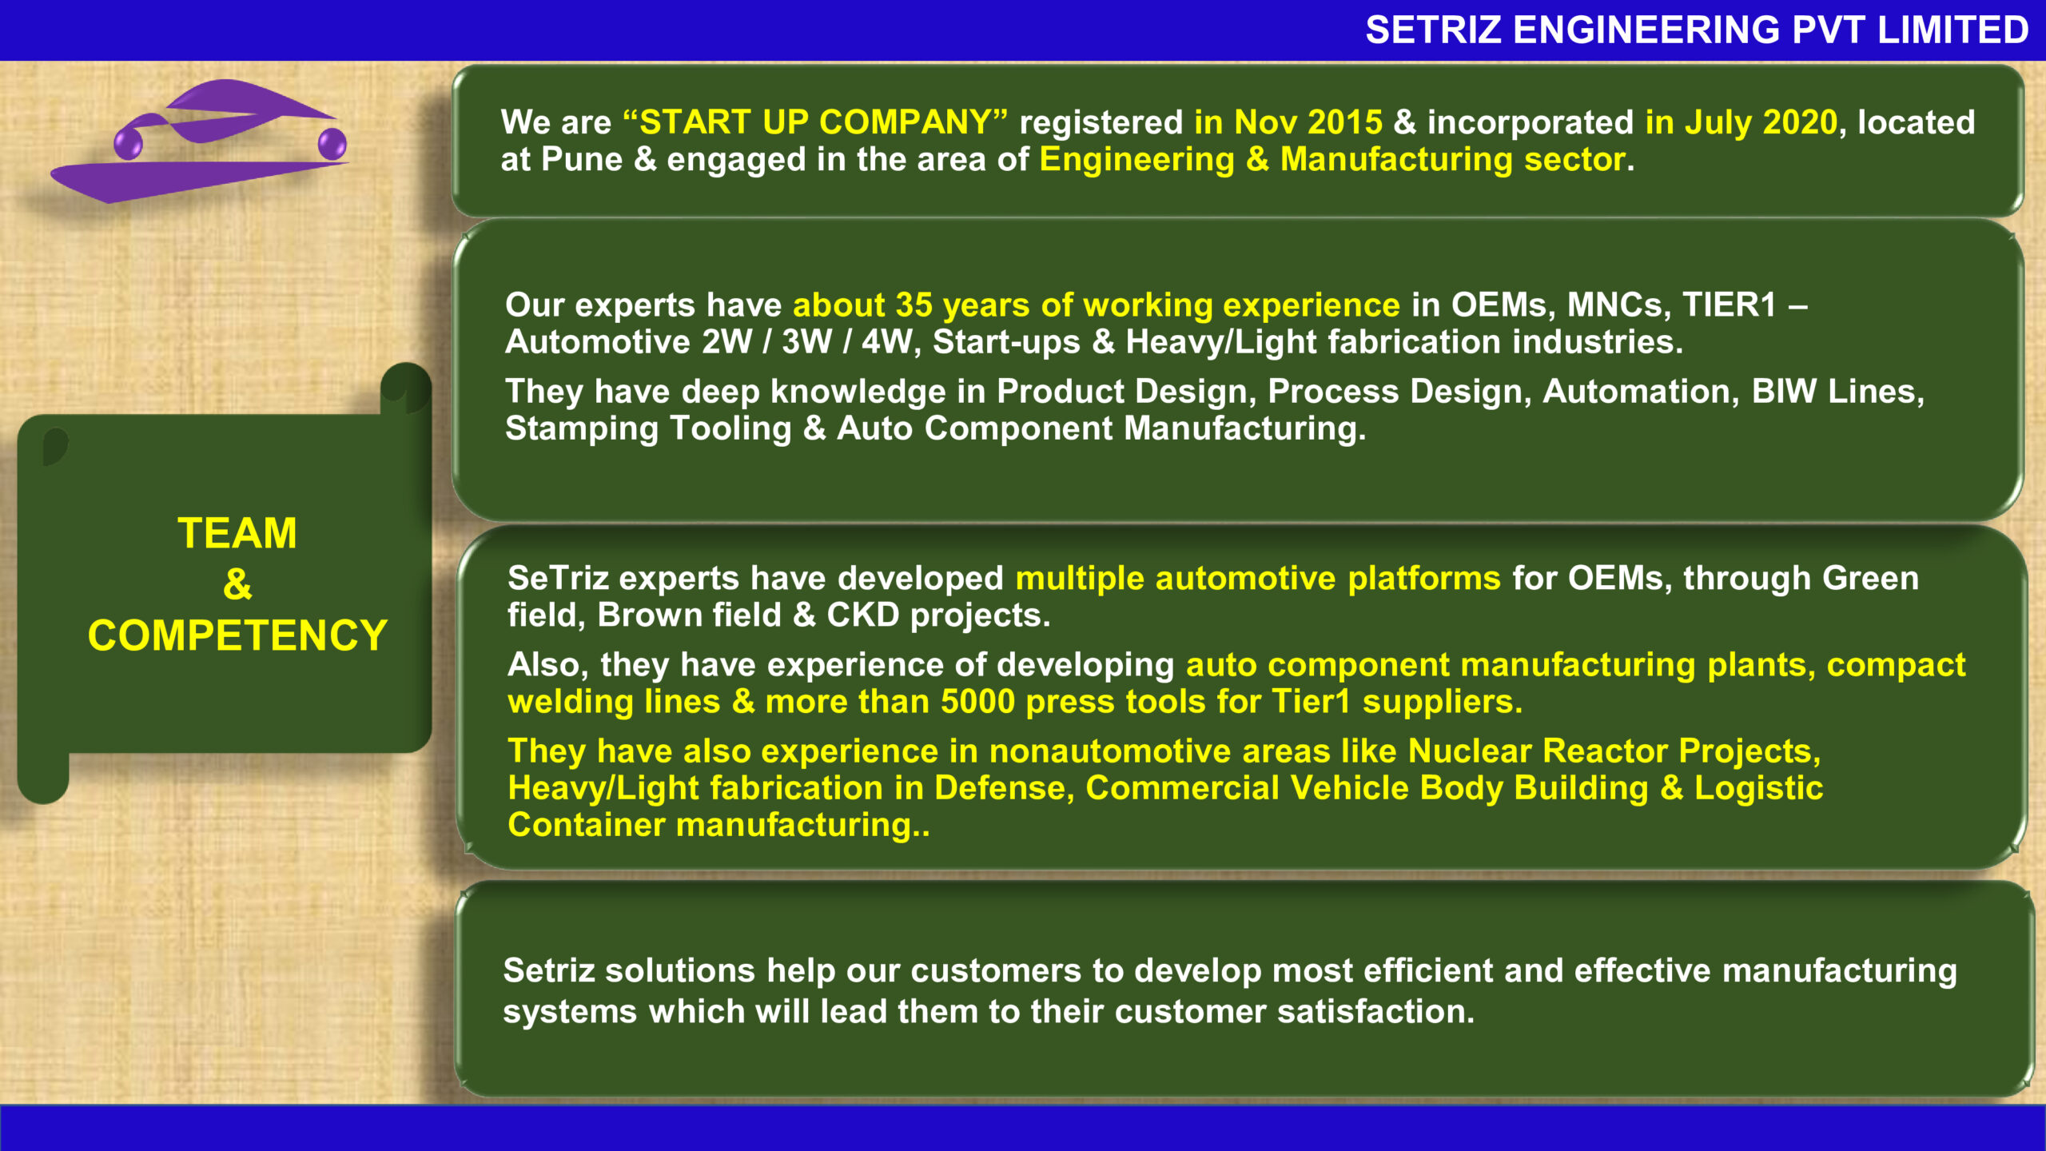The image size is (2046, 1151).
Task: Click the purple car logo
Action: (200, 142)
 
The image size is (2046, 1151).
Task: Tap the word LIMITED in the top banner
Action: (1952, 30)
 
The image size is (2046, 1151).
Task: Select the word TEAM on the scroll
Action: (237, 533)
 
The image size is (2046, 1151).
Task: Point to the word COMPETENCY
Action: (237, 635)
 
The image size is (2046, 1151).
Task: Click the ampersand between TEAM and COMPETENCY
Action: (237, 584)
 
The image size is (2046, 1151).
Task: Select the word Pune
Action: (581, 159)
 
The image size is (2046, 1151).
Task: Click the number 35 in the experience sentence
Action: (914, 305)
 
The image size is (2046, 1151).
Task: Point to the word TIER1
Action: (1730, 305)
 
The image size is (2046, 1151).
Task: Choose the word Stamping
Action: (581, 428)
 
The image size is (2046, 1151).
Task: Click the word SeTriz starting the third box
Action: (557, 578)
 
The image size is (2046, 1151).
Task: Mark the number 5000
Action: (977, 701)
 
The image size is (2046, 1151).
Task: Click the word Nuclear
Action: (1469, 751)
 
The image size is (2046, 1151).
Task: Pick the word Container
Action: (586, 824)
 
